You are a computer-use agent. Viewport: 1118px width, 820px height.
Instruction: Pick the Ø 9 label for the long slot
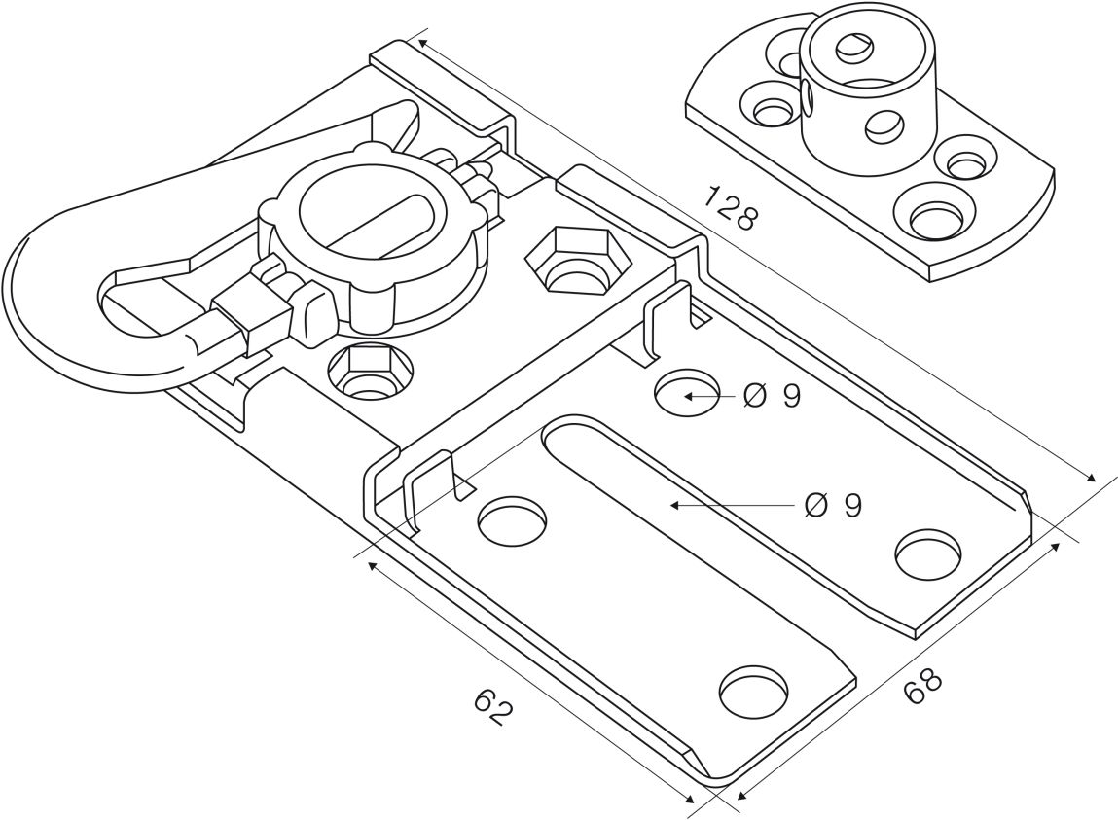[834, 506]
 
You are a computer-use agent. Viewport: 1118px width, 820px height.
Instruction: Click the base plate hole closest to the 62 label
[755, 692]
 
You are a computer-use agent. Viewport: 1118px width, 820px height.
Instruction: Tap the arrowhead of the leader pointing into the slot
[674, 506]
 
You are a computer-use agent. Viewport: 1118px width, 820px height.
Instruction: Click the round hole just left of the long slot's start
[512, 519]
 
